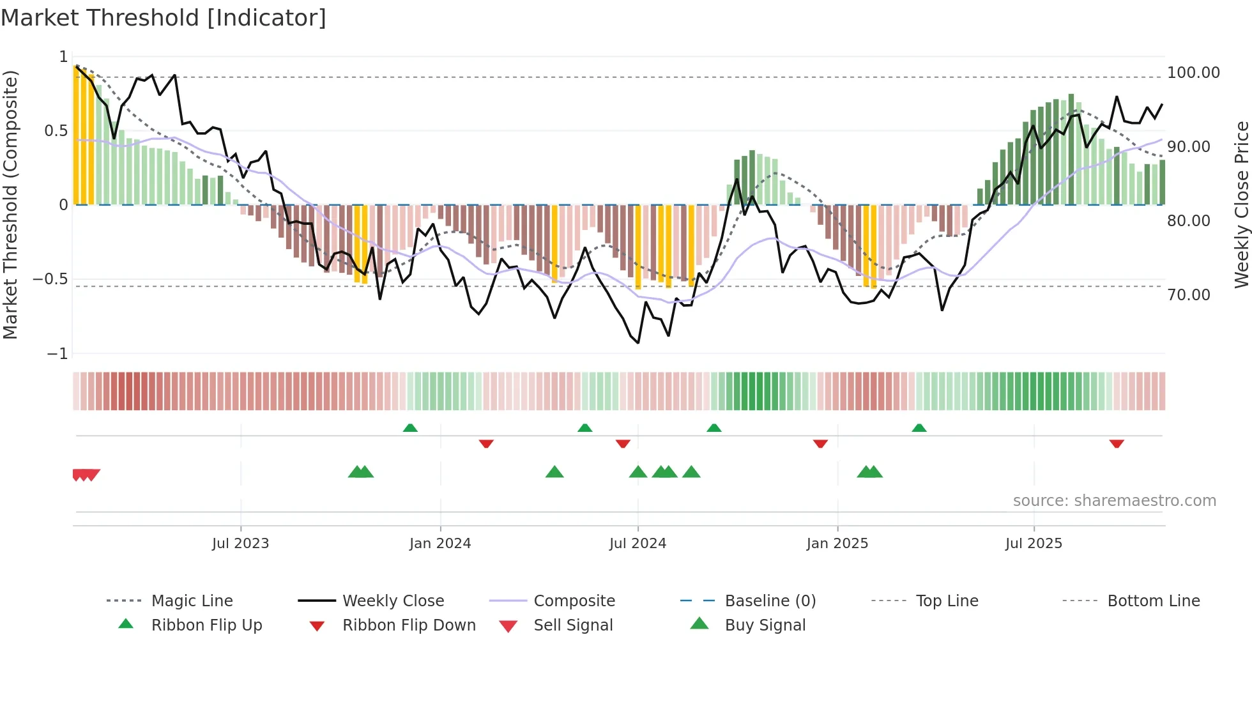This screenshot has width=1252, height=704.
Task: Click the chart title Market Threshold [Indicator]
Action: coord(164,18)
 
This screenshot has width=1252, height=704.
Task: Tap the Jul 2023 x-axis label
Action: coord(240,544)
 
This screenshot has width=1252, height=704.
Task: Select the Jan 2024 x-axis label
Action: coord(440,544)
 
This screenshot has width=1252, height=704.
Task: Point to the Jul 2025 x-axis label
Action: coord(1034,544)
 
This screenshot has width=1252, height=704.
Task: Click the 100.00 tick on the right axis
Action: coord(1193,73)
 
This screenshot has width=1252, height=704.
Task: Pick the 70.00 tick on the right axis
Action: coord(1188,295)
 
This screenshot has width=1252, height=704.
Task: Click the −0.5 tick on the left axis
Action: coord(50,279)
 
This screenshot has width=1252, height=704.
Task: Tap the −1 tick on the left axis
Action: coord(57,353)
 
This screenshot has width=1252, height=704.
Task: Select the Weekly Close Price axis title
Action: coord(1241,204)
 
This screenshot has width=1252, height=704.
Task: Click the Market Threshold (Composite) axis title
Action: coord(10,204)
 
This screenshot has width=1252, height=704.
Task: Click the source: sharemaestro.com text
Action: coord(1114,501)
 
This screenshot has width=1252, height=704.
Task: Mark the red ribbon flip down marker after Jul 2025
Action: coord(1117,443)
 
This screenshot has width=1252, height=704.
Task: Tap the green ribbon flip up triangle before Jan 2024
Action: coord(410,428)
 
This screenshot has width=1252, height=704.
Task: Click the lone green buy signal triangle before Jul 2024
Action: coord(554,472)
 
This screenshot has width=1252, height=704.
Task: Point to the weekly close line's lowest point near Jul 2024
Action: coord(638,343)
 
